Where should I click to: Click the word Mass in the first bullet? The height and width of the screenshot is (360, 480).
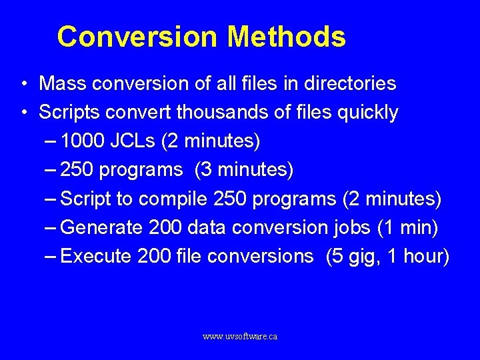tap(63, 84)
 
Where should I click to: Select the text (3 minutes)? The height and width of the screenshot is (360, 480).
tap(244, 170)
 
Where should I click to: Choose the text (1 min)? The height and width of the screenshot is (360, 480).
tap(407, 228)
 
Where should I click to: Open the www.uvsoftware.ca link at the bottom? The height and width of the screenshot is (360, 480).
tap(240, 337)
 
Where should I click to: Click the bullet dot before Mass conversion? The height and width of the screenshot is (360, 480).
tap(23, 85)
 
